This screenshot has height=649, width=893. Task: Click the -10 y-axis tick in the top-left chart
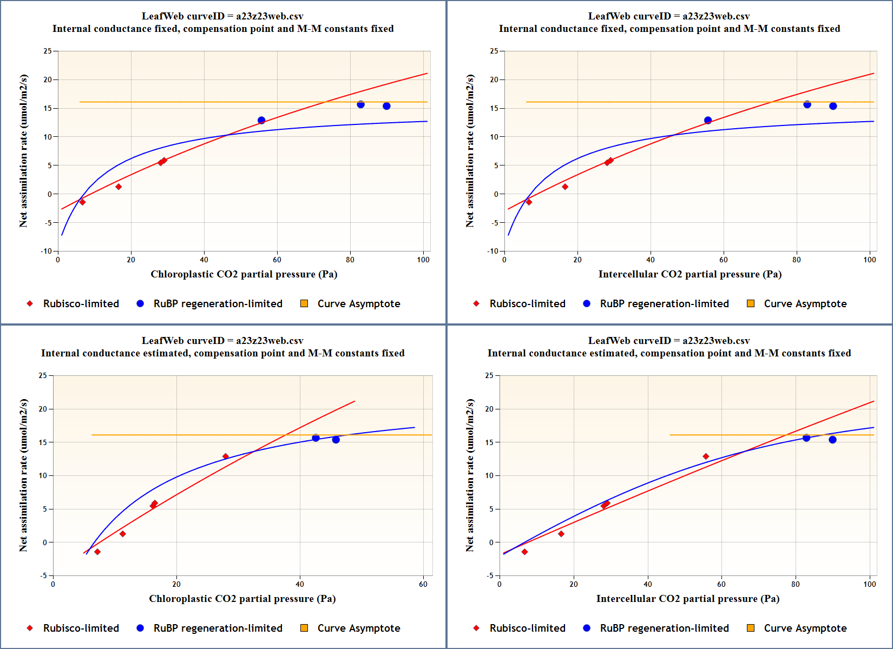pyautogui.click(x=47, y=251)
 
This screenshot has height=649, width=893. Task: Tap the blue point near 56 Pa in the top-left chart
pyautogui.click(x=261, y=120)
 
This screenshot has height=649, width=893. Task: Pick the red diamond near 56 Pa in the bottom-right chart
pyautogui.click(x=706, y=456)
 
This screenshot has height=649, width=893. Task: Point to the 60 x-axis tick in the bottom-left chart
pyautogui.click(x=423, y=584)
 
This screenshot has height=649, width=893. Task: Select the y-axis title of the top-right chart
pyautogui.click(x=470, y=151)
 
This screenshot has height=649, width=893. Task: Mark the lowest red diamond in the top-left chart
pyautogui.click(x=82, y=202)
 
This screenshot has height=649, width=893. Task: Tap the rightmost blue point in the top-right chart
pyautogui.click(x=833, y=106)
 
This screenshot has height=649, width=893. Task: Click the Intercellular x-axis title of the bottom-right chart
pyautogui.click(x=687, y=599)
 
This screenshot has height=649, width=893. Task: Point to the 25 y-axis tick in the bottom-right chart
pyautogui.click(x=489, y=375)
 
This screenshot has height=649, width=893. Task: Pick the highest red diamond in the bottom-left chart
pyautogui.click(x=226, y=456)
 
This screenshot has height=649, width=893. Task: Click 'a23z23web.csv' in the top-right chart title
pyautogui.click(x=716, y=16)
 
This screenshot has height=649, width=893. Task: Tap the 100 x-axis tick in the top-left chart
pyautogui.click(x=423, y=260)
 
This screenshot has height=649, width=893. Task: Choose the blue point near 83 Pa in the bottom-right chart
pyautogui.click(x=806, y=438)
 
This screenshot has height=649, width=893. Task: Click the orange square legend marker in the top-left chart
pyautogui.click(x=304, y=303)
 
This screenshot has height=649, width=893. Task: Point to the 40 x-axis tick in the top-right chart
pyautogui.click(x=651, y=260)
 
